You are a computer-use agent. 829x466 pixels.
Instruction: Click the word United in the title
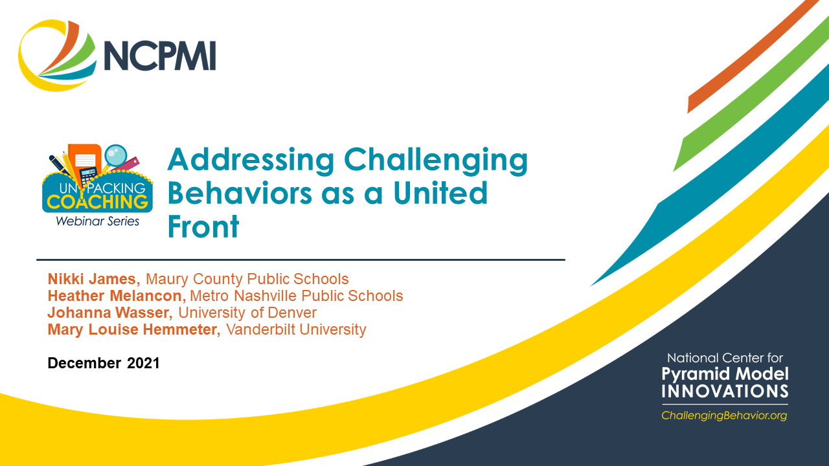440,194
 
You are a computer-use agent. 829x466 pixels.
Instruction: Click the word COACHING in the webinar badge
97,201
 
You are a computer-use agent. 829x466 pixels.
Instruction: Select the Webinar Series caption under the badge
97,221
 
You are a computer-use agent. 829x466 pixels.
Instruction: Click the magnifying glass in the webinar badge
117,156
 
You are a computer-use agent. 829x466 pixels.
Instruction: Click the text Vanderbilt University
296,329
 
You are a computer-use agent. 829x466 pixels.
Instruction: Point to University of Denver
247,313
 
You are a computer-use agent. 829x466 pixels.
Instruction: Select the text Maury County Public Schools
247,279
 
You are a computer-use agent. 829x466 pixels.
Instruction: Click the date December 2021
104,363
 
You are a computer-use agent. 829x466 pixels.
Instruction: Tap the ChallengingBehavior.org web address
724,416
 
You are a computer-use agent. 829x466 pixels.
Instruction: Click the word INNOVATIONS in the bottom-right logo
725,391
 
